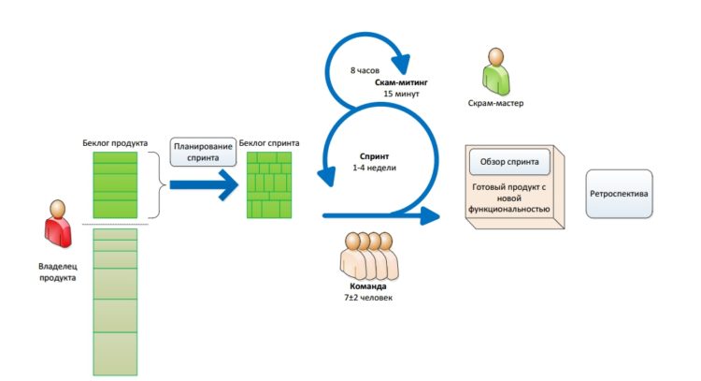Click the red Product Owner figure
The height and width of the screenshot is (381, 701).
56,225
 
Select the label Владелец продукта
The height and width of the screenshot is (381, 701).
56,271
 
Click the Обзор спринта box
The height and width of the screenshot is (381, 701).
509,162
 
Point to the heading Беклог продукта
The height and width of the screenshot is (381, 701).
115,142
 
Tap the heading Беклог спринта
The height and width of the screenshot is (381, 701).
269,142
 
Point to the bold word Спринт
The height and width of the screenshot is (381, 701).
375,155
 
